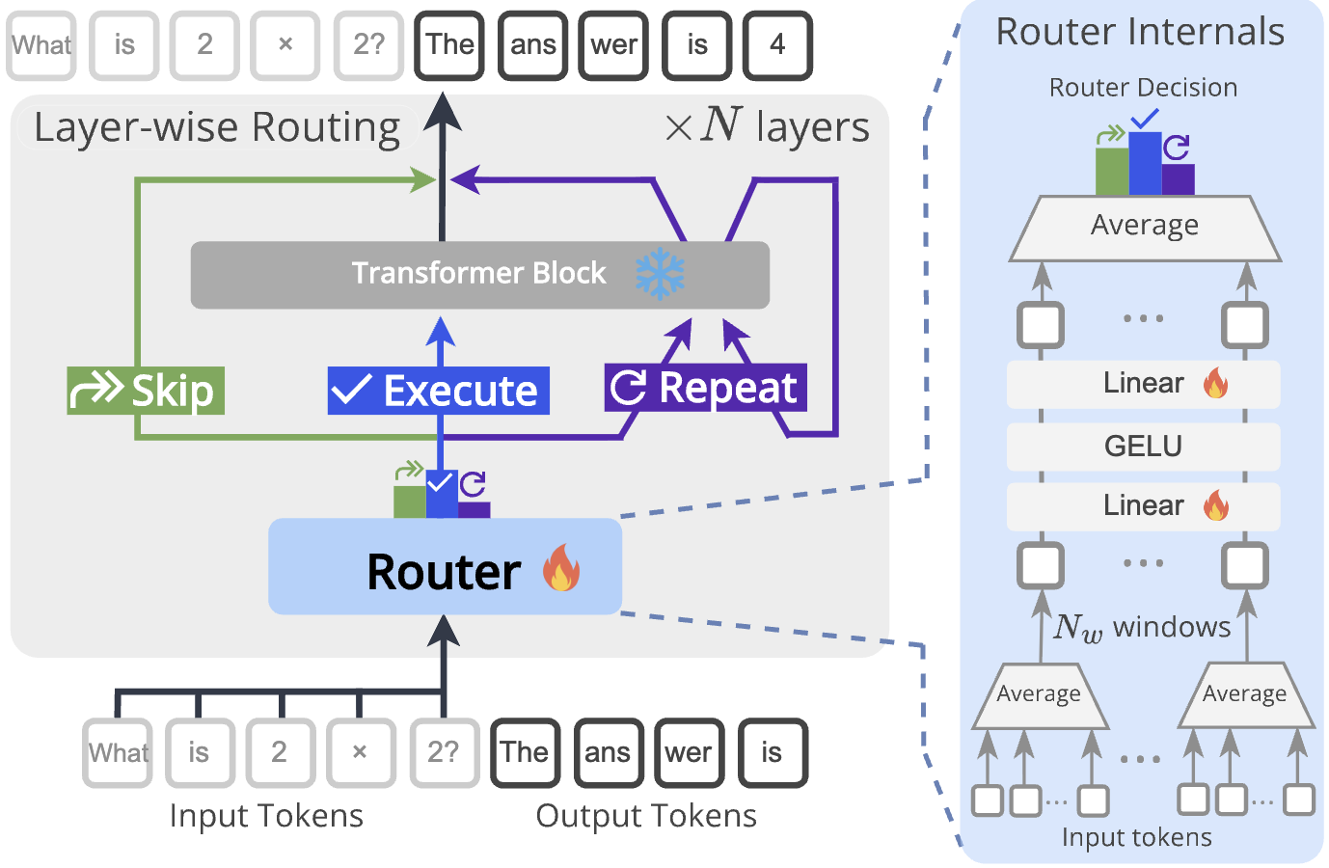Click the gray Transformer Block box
479,275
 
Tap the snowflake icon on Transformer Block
660,274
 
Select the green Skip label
146,391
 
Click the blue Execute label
438,391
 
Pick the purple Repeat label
705,388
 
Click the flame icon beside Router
561,567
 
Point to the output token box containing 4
777,45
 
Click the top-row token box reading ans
532,45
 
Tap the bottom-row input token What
118,753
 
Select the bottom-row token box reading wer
688,753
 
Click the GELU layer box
1143,447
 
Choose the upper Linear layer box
1143,384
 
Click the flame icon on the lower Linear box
1216,505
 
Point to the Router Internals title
1140,32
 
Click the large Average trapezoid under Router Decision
1145,228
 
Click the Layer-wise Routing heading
217,128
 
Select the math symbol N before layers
721,124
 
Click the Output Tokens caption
646,816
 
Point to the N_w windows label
1142,628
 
